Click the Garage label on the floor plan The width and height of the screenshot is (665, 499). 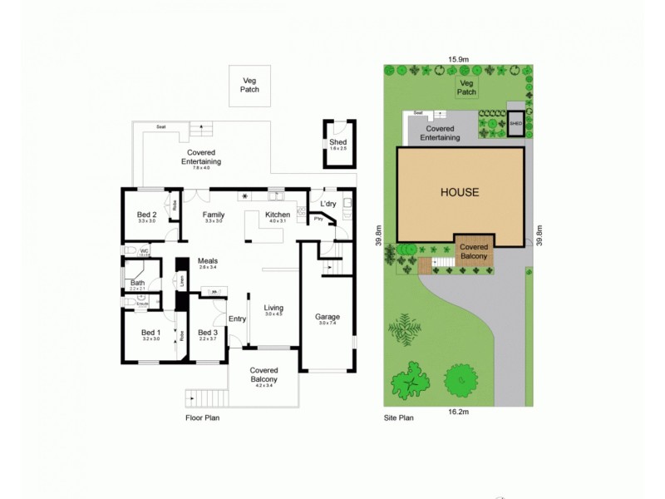click(x=326, y=317)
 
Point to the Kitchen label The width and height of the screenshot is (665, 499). click(x=277, y=215)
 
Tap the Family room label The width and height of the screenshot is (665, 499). click(x=214, y=215)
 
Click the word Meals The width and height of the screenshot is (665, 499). click(x=208, y=260)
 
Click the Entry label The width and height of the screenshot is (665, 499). click(x=237, y=318)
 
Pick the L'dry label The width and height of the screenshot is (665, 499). click(x=328, y=205)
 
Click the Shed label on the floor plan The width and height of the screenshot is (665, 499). click(x=337, y=142)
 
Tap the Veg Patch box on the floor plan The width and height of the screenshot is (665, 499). click(x=250, y=85)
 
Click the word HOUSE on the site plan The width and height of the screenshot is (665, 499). click(x=460, y=192)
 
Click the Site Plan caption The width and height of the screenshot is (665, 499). click(x=398, y=418)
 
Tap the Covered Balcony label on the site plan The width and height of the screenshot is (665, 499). click(x=475, y=251)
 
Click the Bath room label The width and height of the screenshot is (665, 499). click(x=137, y=284)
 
